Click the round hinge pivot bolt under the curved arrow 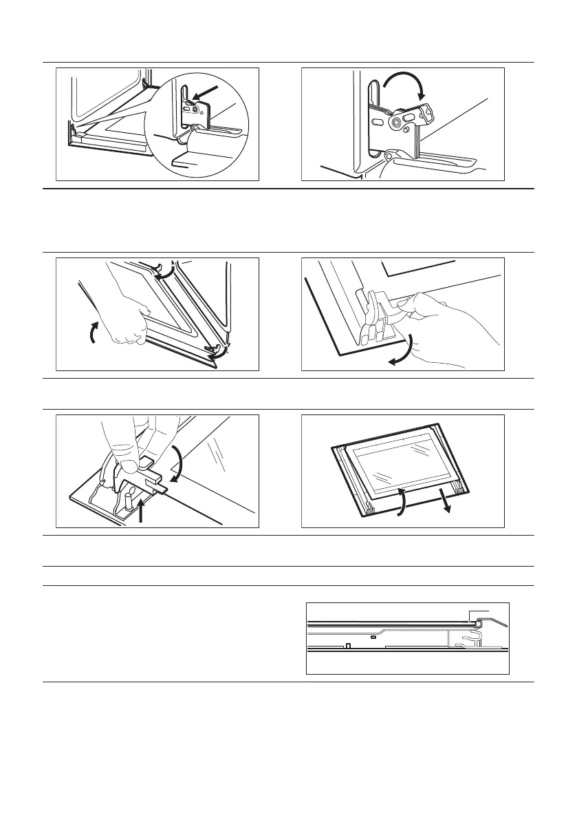[398, 123]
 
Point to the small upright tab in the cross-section [349, 645]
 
